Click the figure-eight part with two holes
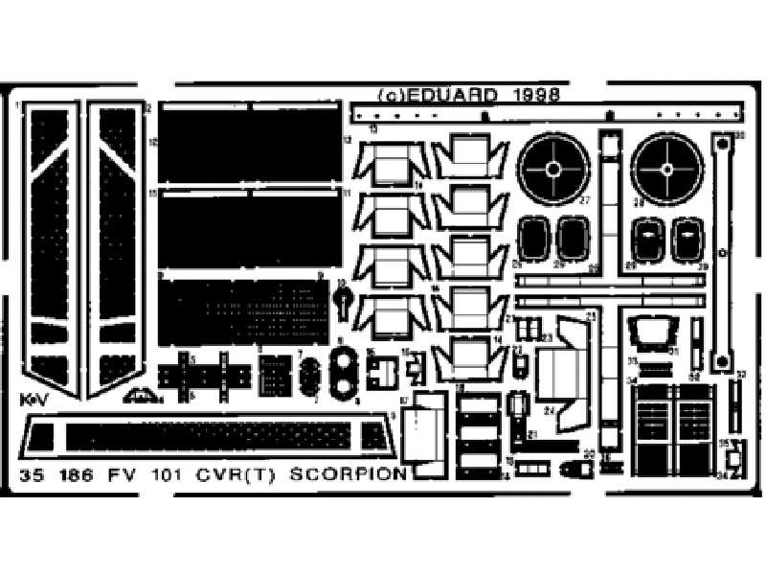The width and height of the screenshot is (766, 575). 342,371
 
